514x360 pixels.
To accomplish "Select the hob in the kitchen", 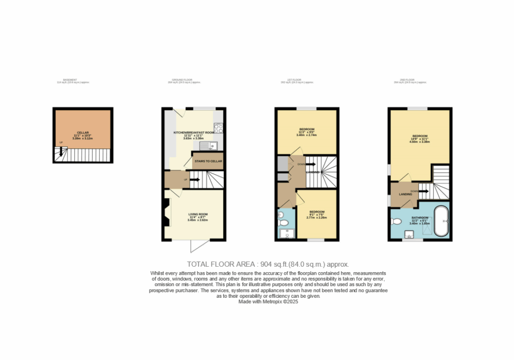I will click(218, 128).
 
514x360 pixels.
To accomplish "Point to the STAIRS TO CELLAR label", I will click(208, 161).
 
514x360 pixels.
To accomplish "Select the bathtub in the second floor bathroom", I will click(442, 220).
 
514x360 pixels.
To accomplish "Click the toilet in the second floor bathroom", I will click(396, 221).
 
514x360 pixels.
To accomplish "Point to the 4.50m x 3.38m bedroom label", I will click(420, 139).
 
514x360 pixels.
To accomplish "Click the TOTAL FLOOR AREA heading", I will click(268, 264).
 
